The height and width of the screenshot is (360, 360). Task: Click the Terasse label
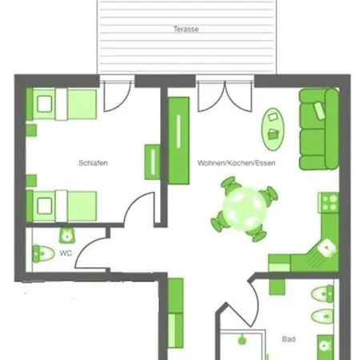coord(186,29)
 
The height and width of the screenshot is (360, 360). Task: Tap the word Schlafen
coord(93,162)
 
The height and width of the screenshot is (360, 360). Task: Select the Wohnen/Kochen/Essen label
coord(237,162)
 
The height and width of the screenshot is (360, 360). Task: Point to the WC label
coord(66,253)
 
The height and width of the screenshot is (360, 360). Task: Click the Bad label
coord(289,339)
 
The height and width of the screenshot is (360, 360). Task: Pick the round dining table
coord(245,209)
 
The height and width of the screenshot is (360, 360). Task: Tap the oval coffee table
coord(273,129)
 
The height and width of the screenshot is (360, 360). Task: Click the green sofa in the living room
coord(319,129)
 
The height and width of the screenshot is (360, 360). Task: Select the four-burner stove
coord(329,202)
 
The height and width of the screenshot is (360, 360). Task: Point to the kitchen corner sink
coord(326,248)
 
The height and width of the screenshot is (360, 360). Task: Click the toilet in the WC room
coord(42,254)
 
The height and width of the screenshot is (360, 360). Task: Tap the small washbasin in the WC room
coord(66,235)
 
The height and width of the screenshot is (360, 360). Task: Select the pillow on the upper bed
coord(45,104)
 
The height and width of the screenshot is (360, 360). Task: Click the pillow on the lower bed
coord(45,206)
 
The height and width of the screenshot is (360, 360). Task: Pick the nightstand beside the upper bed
coord(31,130)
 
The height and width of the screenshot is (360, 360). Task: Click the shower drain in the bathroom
coord(242,340)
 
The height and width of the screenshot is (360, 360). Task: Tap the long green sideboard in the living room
coord(178,141)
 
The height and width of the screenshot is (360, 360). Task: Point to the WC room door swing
coord(90,252)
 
